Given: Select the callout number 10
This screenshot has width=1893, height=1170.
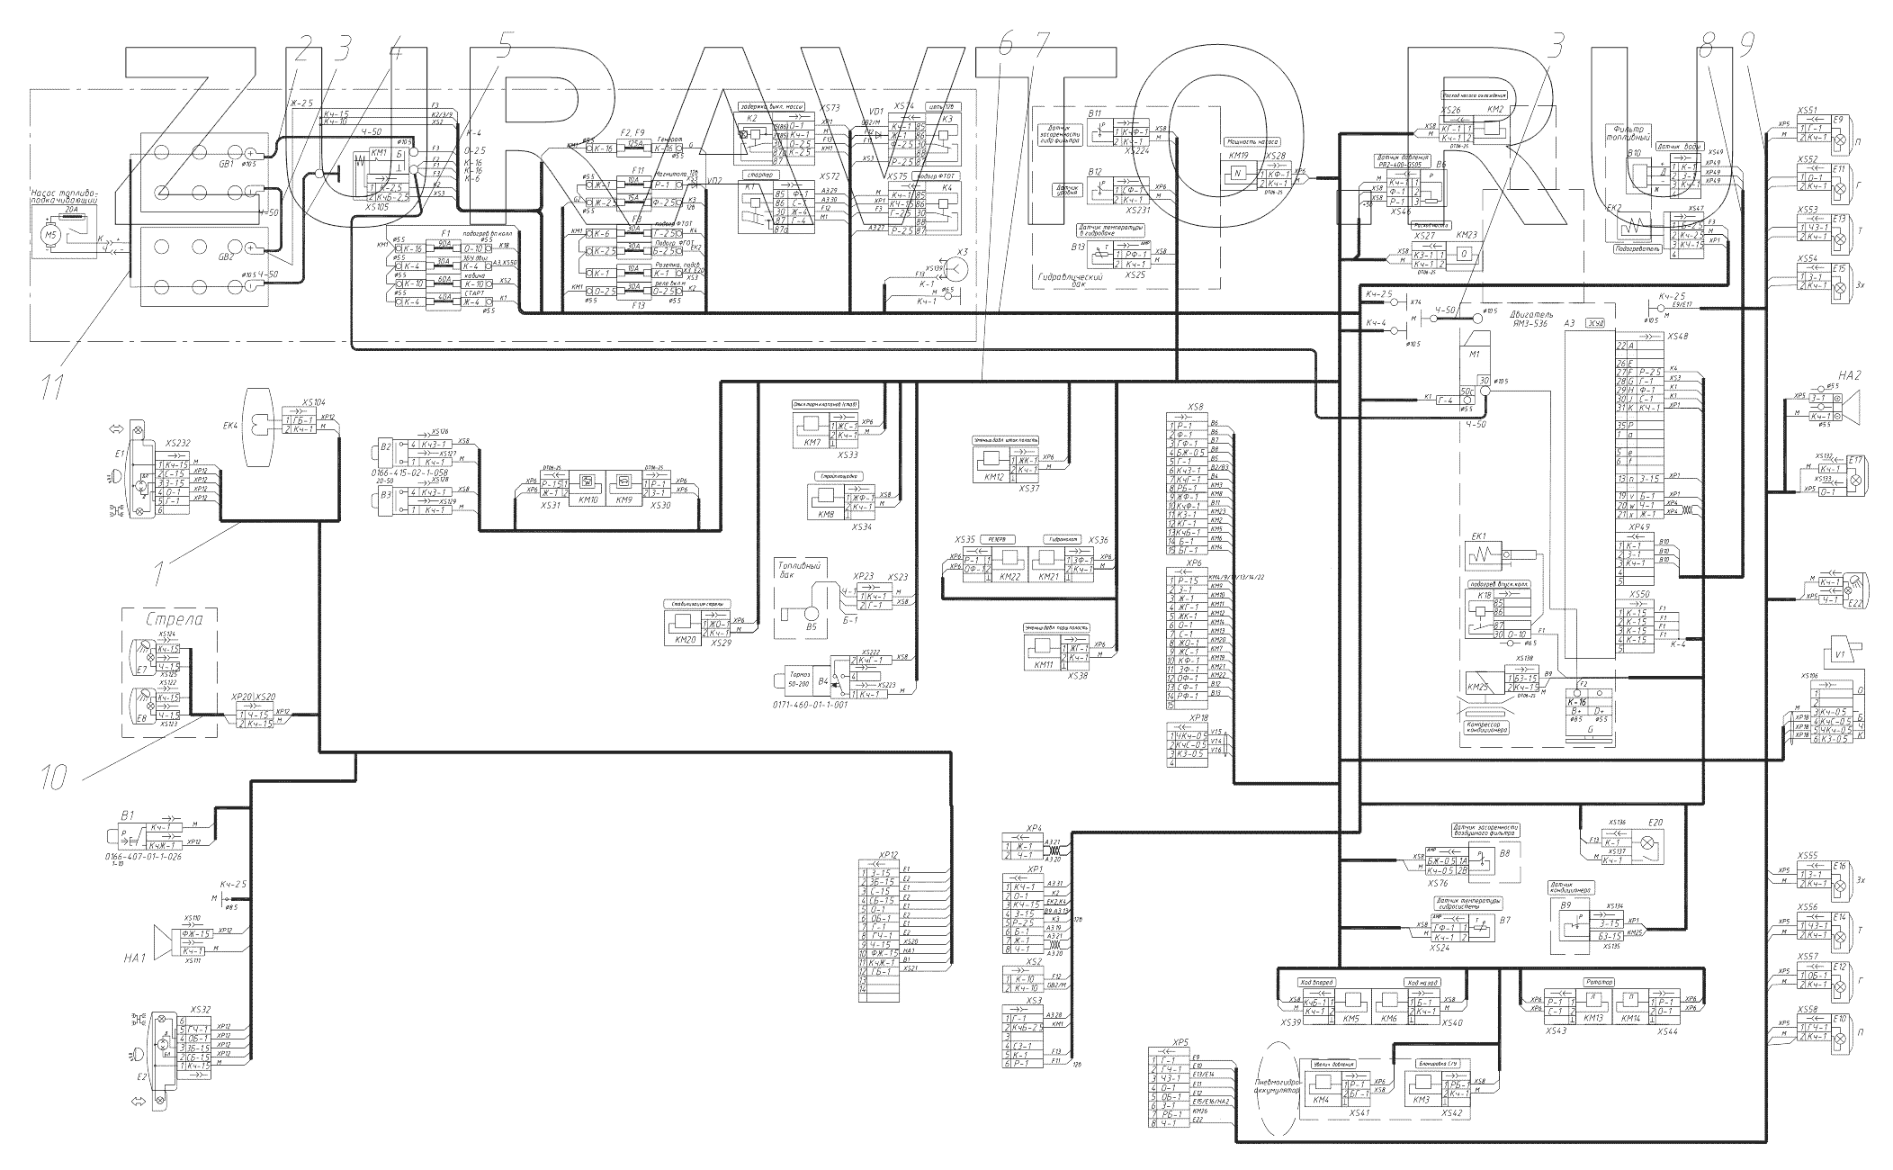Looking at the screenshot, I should [x=54, y=776].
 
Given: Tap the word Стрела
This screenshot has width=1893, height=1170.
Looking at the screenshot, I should [x=170, y=620].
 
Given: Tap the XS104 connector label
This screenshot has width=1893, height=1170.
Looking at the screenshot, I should [x=314, y=402].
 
